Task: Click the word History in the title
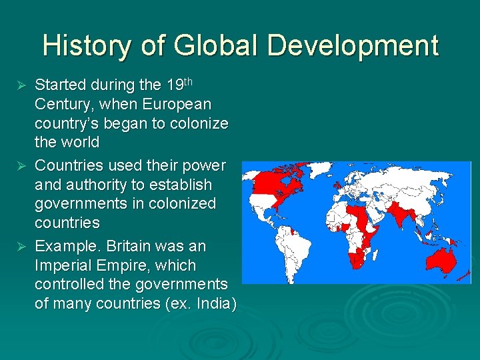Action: tap(87, 46)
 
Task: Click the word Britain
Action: tap(133, 246)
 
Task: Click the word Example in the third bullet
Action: tap(64, 246)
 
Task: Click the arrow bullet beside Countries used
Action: tap(21, 165)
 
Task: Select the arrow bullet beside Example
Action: tap(21, 247)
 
